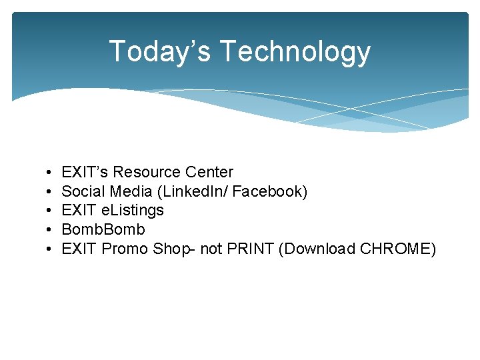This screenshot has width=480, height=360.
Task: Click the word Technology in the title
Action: (295, 51)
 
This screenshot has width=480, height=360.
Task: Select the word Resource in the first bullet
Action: (147, 172)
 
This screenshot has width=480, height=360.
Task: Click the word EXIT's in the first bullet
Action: (85, 172)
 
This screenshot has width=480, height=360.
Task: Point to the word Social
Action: (83, 191)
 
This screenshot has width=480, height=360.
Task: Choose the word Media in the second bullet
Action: (131, 191)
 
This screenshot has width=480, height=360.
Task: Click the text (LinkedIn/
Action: (192, 191)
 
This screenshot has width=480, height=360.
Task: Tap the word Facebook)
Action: (270, 191)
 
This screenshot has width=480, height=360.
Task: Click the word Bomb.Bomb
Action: (103, 230)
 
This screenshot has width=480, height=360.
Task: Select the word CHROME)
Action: (398, 249)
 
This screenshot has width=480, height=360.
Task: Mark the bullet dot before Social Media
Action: (51, 192)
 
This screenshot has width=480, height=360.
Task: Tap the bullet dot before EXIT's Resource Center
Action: (51, 173)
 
